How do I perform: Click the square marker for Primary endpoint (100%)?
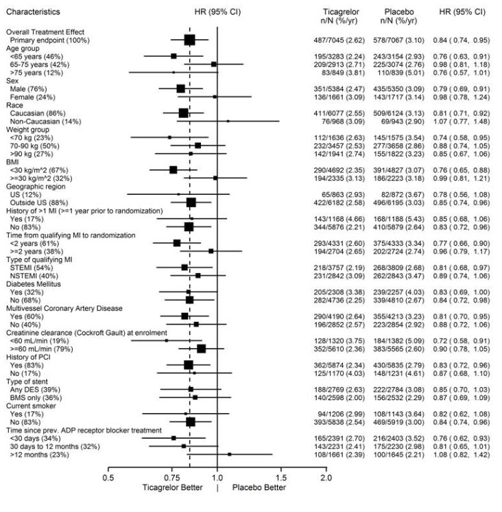tap(189, 40)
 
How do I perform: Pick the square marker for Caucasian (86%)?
tap(183, 113)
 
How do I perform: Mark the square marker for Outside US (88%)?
tap(191, 202)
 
